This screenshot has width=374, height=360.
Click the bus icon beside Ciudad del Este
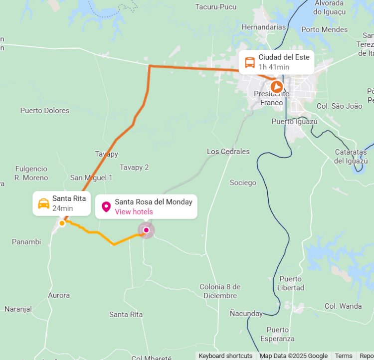click(250, 62)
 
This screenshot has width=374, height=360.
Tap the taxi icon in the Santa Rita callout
click(44, 203)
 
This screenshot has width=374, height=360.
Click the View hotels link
click(134, 212)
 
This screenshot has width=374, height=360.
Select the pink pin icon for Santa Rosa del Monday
click(106, 206)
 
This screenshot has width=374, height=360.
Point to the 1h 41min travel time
click(274, 67)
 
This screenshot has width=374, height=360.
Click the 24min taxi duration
click(62, 208)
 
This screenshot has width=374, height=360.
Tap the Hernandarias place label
click(263, 27)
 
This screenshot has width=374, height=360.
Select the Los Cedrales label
click(228, 152)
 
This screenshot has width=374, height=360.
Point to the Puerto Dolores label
click(45, 111)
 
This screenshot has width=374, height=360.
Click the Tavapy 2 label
click(134, 168)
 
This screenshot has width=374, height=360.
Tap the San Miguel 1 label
click(91, 178)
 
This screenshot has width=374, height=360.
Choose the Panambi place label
click(26, 242)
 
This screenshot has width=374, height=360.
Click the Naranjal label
click(18, 309)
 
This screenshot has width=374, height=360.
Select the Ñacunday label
click(246, 314)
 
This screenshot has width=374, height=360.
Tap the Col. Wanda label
click(343, 306)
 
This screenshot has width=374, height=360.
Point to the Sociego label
click(243, 182)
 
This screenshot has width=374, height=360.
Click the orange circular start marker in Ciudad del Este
click(276, 86)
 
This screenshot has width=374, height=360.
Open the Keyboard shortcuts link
click(225, 356)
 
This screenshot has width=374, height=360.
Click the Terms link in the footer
click(344, 356)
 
